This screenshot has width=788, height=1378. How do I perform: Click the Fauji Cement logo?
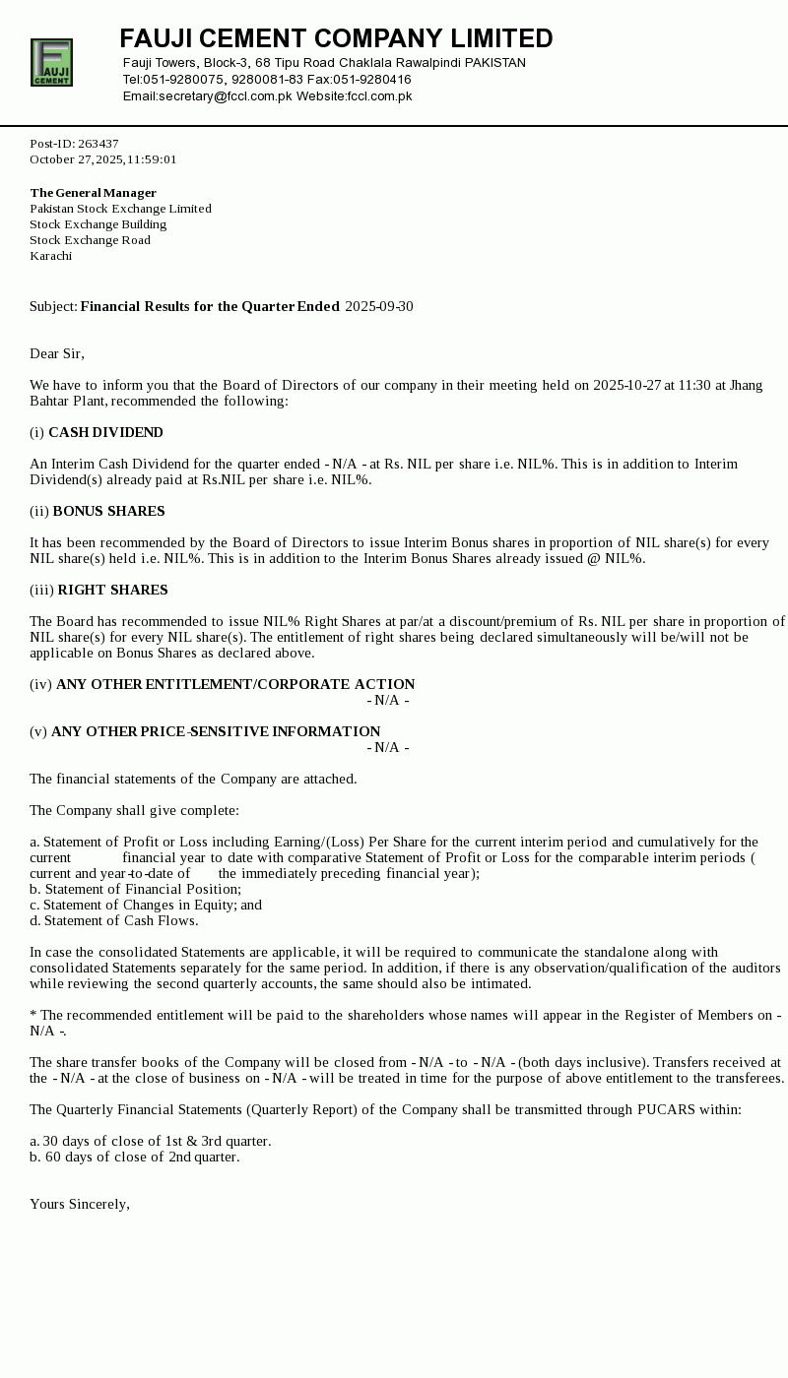[51, 63]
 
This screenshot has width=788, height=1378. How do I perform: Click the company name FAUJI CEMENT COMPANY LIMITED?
[336, 39]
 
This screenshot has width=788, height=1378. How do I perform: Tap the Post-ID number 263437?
[98, 144]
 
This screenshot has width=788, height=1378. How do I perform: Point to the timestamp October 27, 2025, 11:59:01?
[103, 159]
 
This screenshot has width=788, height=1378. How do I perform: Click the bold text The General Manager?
[93, 193]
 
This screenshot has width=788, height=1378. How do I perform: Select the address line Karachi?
[50, 256]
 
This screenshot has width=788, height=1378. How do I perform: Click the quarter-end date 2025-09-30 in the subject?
[379, 307]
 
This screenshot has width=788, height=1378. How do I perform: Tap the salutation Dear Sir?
[57, 354]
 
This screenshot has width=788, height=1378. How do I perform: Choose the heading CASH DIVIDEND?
[105, 433]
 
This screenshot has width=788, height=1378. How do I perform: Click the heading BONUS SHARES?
[108, 512]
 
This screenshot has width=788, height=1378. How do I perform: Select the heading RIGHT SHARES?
[112, 591]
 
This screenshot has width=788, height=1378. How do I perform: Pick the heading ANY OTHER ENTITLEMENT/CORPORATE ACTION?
[235, 685]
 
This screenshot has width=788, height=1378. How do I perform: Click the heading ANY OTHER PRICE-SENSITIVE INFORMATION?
[216, 732]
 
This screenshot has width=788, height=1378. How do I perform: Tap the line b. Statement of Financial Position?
[135, 890]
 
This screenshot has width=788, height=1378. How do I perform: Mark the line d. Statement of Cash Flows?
[114, 921]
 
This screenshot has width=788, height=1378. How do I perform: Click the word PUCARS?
[667, 1110]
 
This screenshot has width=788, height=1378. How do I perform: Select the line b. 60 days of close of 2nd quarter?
[135, 1158]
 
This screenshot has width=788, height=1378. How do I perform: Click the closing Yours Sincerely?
[80, 1205]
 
